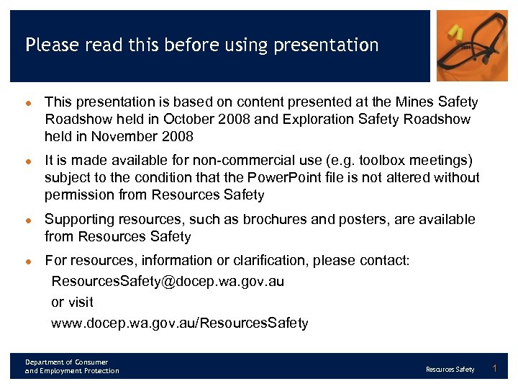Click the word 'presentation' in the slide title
point(333,45)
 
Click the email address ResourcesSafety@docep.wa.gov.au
point(168,281)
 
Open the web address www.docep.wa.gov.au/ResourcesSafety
point(180,323)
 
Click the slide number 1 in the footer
point(494,369)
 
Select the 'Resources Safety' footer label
point(450,370)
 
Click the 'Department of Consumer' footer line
point(66,362)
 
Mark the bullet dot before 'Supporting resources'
point(29,220)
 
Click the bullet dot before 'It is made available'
point(29,161)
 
